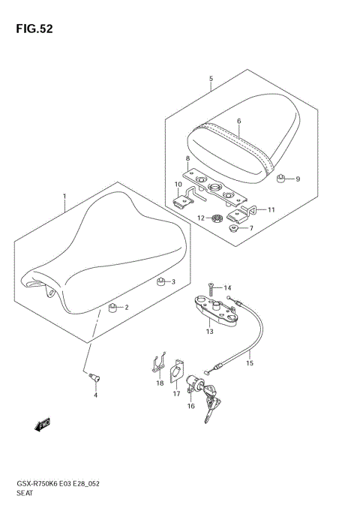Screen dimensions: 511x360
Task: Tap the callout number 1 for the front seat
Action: click(64, 197)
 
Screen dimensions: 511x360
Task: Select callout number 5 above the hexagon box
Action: click(211, 78)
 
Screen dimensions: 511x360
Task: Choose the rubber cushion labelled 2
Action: click(112, 307)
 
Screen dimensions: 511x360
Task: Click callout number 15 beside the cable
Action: click(250, 364)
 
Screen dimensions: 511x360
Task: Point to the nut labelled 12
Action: click(215, 219)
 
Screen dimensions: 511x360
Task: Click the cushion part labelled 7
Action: click(235, 229)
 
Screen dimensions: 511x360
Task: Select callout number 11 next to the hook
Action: click(271, 209)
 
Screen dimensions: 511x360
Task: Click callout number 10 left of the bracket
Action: click(178, 185)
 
